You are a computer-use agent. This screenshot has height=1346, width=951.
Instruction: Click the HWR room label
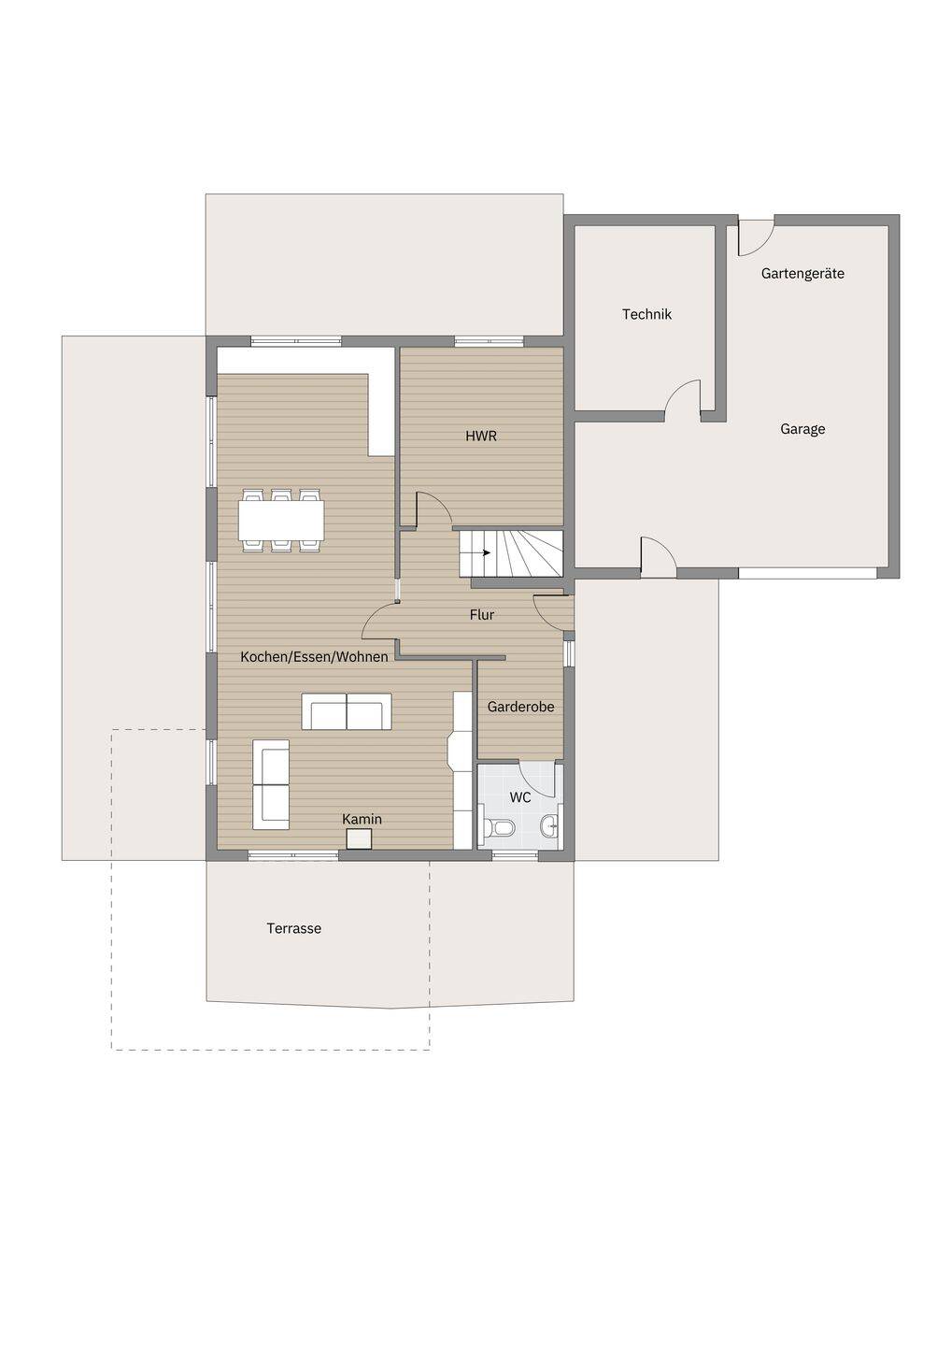[x=481, y=437]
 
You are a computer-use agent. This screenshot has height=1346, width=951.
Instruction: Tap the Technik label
[x=646, y=314]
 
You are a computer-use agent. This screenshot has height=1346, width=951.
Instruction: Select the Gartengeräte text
[x=802, y=274]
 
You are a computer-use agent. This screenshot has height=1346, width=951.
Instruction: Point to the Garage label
[x=802, y=429]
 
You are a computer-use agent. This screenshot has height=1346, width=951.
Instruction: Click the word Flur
[x=482, y=615]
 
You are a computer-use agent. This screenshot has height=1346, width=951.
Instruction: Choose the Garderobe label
[x=520, y=707]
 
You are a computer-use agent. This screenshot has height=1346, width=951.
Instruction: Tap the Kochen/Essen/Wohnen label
[x=314, y=657]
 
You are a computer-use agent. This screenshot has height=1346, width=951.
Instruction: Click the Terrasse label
[x=294, y=928]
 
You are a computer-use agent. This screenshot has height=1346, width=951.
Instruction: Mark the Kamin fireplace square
[x=359, y=838]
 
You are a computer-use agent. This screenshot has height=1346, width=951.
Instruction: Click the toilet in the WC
[x=499, y=828]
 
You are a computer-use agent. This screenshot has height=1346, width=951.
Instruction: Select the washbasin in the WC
[x=550, y=827]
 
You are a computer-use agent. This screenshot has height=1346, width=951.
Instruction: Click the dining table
[x=281, y=521]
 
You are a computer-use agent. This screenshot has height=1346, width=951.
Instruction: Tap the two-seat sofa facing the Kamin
[x=346, y=711]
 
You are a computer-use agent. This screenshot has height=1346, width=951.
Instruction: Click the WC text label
[x=520, y=798]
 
